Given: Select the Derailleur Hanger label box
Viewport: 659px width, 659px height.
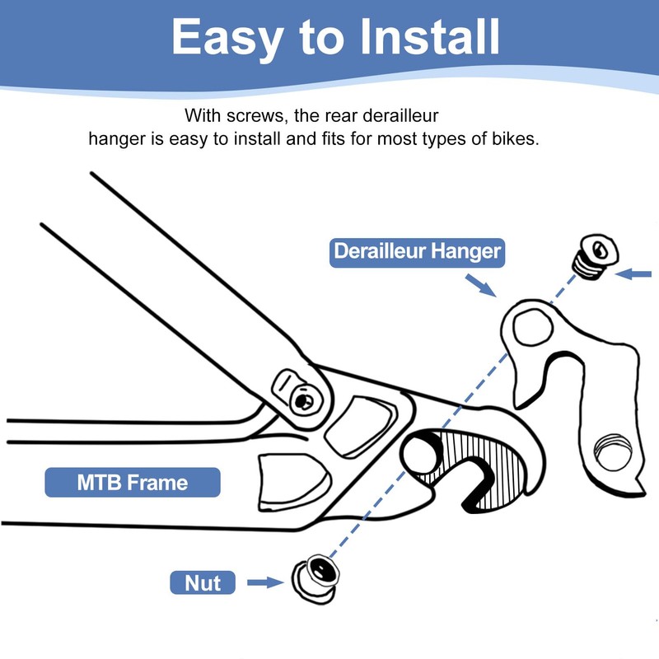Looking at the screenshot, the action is [x=417, y=251].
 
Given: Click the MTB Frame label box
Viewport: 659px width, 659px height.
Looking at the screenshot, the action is [x=133, y=482].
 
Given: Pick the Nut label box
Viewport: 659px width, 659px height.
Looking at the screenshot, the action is [x=203, y=583].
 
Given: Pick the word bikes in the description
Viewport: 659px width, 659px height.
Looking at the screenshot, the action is [x=516, y=138].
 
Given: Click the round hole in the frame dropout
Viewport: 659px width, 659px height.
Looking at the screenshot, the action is [x=421, y=455].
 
